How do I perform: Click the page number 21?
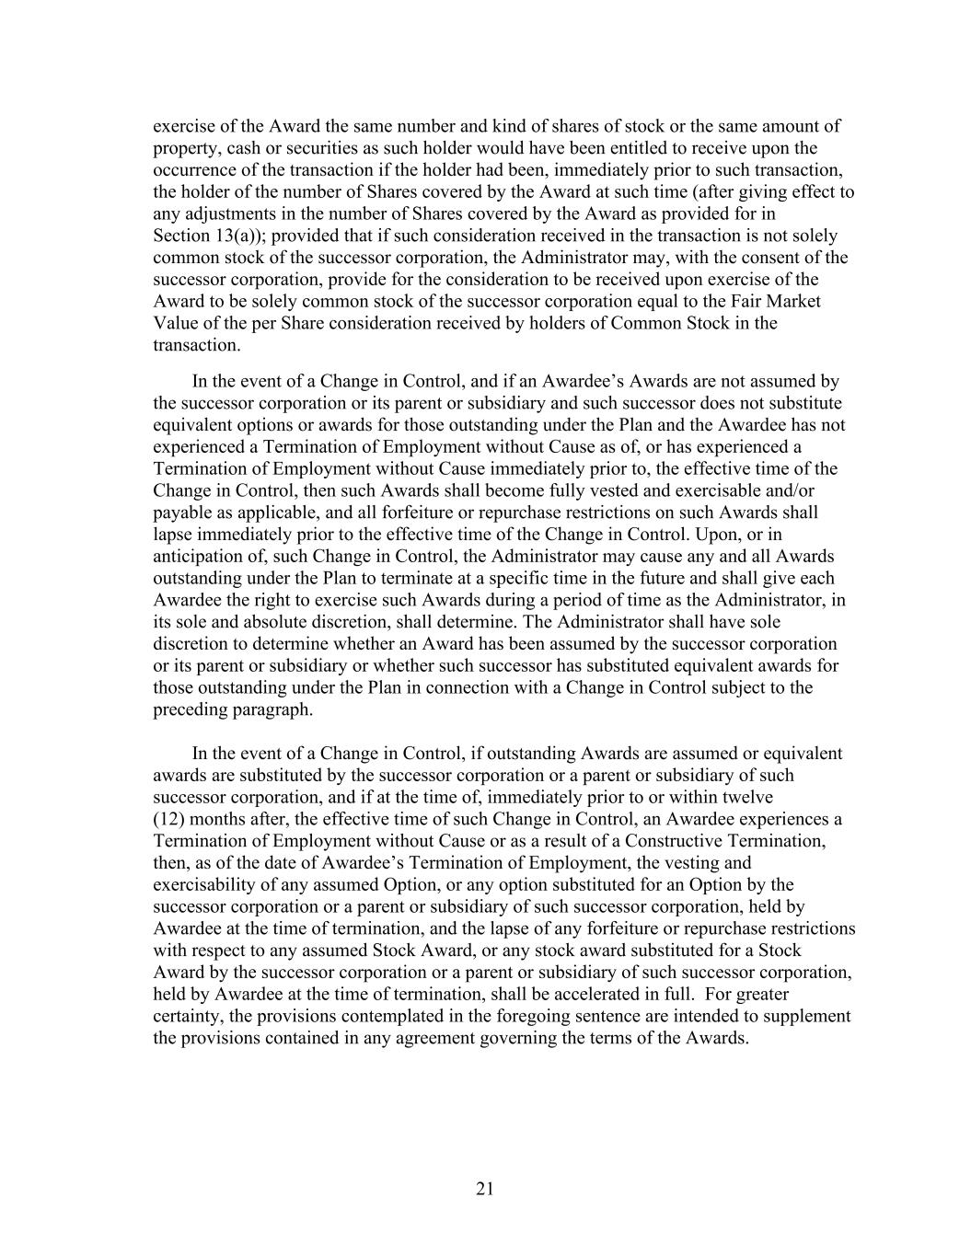[x=485, y=1189]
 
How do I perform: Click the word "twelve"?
[x=746, y=797]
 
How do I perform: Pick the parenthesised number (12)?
[x=170, y=819]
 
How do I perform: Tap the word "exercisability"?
[x=205, y=885]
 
